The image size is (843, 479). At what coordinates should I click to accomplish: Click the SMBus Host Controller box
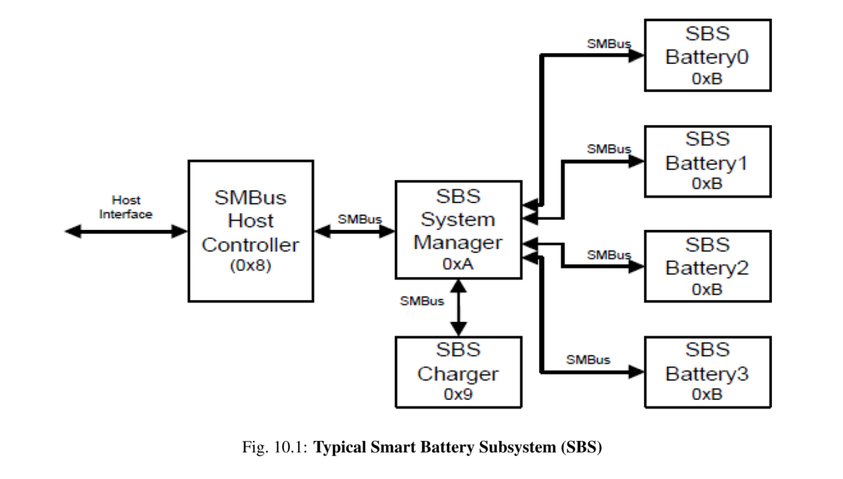coord(250,230)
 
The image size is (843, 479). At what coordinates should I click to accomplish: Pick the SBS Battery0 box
coord(707,55)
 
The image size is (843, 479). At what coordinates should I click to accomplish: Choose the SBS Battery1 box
coord(707,161)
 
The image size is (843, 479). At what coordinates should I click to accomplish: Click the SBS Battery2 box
coord(707,266)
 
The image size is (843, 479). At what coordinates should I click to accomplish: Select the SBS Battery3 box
coord(707,371)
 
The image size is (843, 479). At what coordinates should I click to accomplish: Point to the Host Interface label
coord(126,207)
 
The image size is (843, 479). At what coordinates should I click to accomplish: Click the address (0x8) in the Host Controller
coord(250,265)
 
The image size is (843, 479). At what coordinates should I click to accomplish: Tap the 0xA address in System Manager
coord(457,264)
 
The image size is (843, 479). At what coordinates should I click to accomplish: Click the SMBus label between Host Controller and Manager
coord(360,218)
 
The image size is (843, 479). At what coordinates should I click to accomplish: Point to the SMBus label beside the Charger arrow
coord(421,300)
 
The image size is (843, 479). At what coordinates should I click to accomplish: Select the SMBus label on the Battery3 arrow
coord(587,358)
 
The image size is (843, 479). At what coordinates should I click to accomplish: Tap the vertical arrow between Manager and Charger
coord(457,307)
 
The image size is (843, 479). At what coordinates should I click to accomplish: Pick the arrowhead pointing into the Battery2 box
coord(636,266)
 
